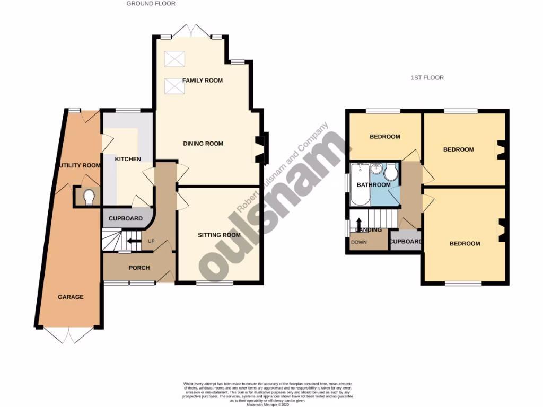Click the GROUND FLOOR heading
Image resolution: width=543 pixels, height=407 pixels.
pyautogui.click(x=151, y=4)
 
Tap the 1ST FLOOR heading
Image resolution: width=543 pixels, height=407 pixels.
pyautogui.click(x=427, y=78)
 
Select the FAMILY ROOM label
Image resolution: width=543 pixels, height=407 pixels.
pyautogui.click(x=202, y=81)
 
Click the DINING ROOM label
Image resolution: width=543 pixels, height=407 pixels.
pyautogui.click(x=203, y=144)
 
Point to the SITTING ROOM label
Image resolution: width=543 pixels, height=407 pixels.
pyautogui.click(x=219, y=235)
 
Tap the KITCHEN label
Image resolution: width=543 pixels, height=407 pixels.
pyautogui.click(x=128, y=159)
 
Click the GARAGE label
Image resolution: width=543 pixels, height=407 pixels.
pyautogui.click(x=71, y=297)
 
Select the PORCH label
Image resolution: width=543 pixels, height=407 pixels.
pyautogui.click(x=139, y=268)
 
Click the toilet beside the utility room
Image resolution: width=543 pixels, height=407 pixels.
pyautogui.click(x=89, y=197)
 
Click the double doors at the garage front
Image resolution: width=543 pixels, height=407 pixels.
pyautogui.click(x=69, y=334)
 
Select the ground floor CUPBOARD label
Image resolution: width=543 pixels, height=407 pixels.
pyautogui.click(x=126, y=219)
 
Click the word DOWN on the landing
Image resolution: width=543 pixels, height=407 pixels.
pyautogui.click(x=358, y=242)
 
